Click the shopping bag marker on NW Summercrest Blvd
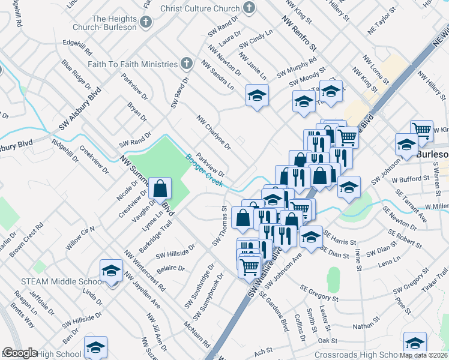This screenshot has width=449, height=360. click(161, 190)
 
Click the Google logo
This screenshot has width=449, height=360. click(19, 353)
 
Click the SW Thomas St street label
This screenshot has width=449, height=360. click(218, 227)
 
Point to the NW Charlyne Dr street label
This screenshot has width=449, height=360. click(213, 132)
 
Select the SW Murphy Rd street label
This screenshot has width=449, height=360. click(297, 68)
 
